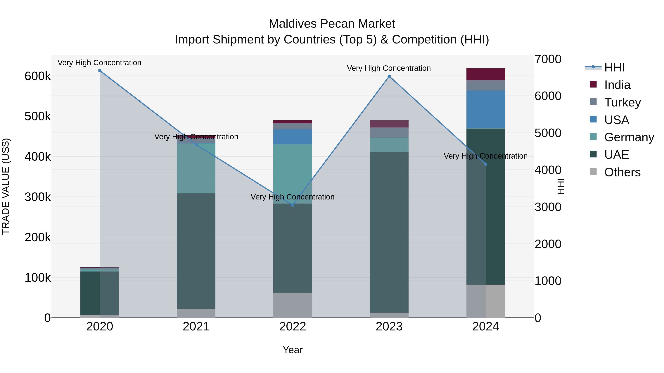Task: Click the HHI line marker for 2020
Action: click(100, 71)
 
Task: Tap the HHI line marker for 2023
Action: click(389, 76)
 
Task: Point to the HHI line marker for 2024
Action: click(486, 164)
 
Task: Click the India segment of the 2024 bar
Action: click(486, 74)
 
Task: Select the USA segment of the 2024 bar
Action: click(486, 109)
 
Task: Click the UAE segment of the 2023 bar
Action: click(389, 232)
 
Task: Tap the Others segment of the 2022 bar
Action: click(293, 305)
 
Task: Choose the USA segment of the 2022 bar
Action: click(293, 137)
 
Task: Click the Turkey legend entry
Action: click(622, 102)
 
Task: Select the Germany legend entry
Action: click(629, 137)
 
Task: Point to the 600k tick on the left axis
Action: click(38, 76)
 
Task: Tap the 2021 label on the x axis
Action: click(196, 327)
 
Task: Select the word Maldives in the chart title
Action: click(293, 24)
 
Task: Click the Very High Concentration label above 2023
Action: click(389, 68)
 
